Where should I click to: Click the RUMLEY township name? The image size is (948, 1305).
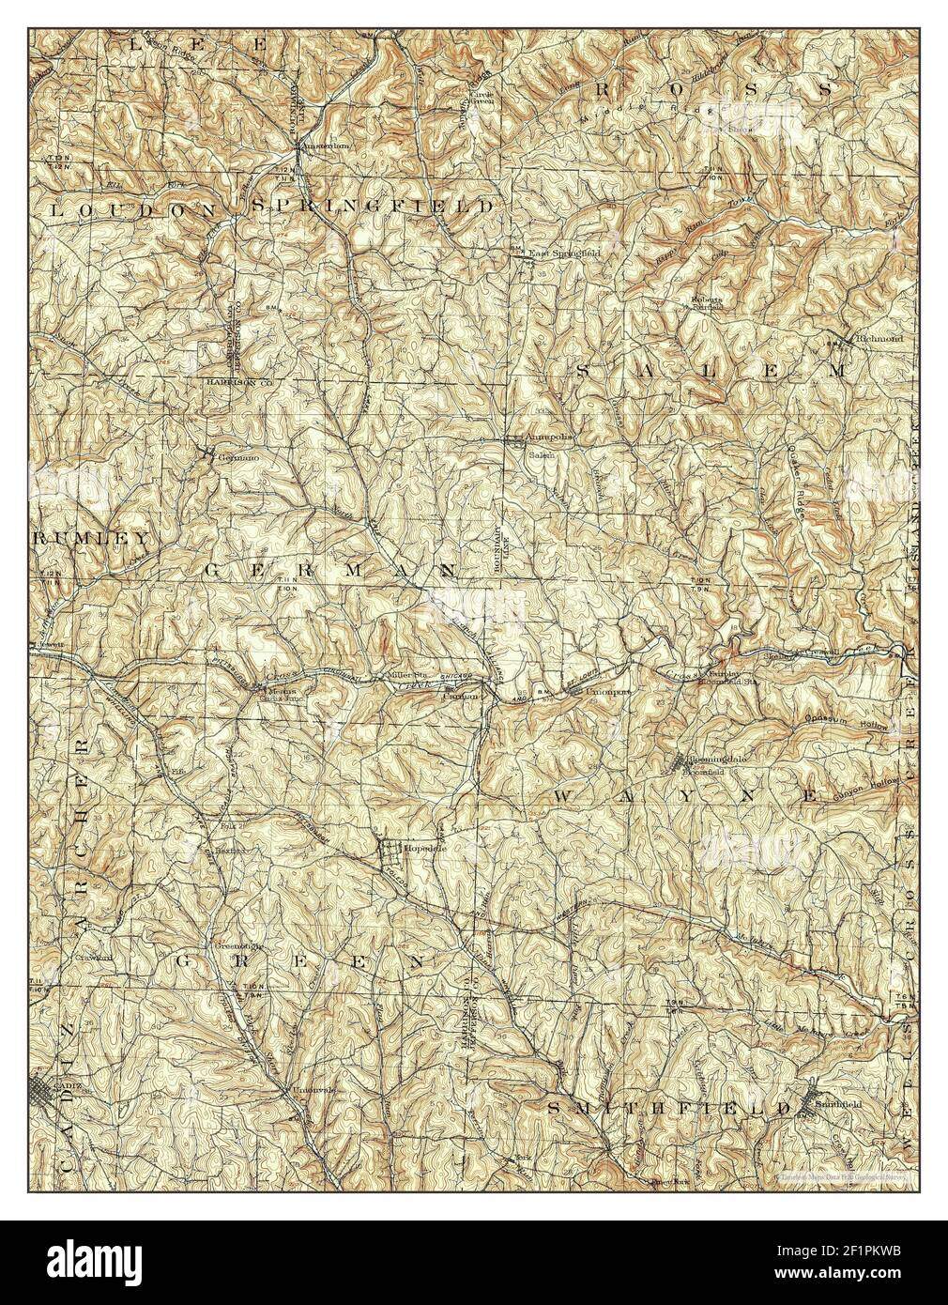pyautogui.click(x=91, y=539)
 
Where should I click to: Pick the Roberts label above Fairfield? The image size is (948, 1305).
pyautogui.click(x=705, y=300)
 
